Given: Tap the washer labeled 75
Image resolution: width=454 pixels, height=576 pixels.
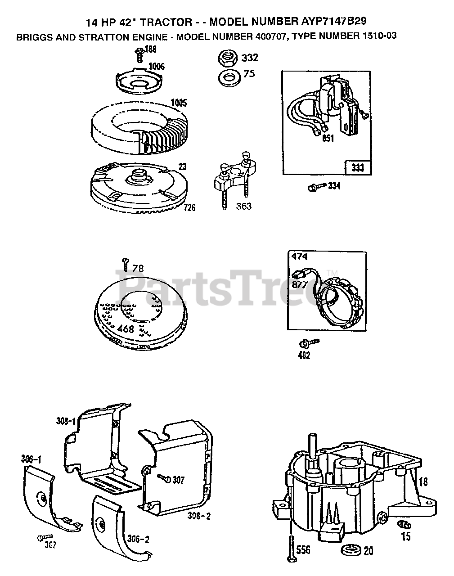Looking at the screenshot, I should tap(229, 76).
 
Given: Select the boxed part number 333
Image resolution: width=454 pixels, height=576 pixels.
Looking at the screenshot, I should tap(358, 168).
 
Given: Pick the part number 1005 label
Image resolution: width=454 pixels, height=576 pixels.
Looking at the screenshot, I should tap(178, 102).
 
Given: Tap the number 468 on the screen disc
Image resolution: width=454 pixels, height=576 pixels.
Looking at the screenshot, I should tap(126, 329).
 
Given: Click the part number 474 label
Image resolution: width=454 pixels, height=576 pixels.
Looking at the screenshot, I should tap(297, 257).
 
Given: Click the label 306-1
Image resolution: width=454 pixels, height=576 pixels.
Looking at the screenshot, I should tap(31, 459).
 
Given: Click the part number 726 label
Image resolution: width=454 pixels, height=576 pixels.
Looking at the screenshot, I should tap(189, 208).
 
